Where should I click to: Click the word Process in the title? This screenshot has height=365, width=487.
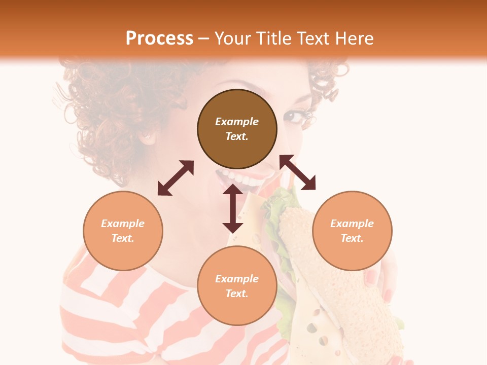(x=159, y=38)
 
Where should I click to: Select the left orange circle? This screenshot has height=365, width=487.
(x=123, y=231)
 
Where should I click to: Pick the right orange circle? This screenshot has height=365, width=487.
(x=352, y=231)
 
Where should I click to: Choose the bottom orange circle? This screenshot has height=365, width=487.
(x=237, y=285)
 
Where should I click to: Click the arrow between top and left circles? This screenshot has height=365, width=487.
(x=176, y=178)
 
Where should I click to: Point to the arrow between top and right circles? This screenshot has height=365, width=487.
(x=298, y=172)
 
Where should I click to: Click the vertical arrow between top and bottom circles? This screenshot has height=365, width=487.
(x=233, y=208)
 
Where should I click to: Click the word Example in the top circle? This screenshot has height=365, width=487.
(x=237, y=122)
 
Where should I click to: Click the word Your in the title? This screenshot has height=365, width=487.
(x=233, y=38)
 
